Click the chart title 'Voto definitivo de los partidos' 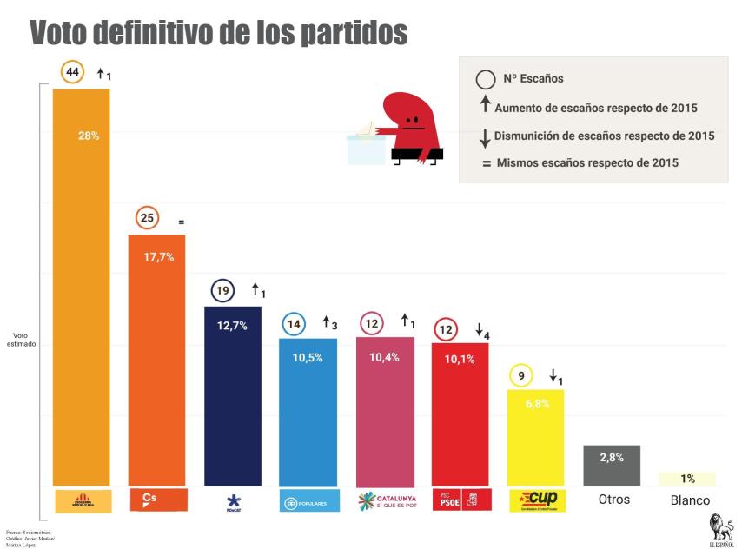point(218,32)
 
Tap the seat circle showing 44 point(72,72)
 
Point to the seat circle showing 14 point(295,325)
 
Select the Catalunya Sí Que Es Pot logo point(384,501)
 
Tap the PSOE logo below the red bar point(460,500)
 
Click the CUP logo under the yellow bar point(536,500)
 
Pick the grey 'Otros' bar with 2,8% point(611,466)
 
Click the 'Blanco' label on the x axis point(690,500)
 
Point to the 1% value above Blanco point(687,479)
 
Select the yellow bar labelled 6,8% point(535,439)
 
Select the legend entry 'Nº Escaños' point(533,79)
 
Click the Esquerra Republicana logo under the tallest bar point(82,501)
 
